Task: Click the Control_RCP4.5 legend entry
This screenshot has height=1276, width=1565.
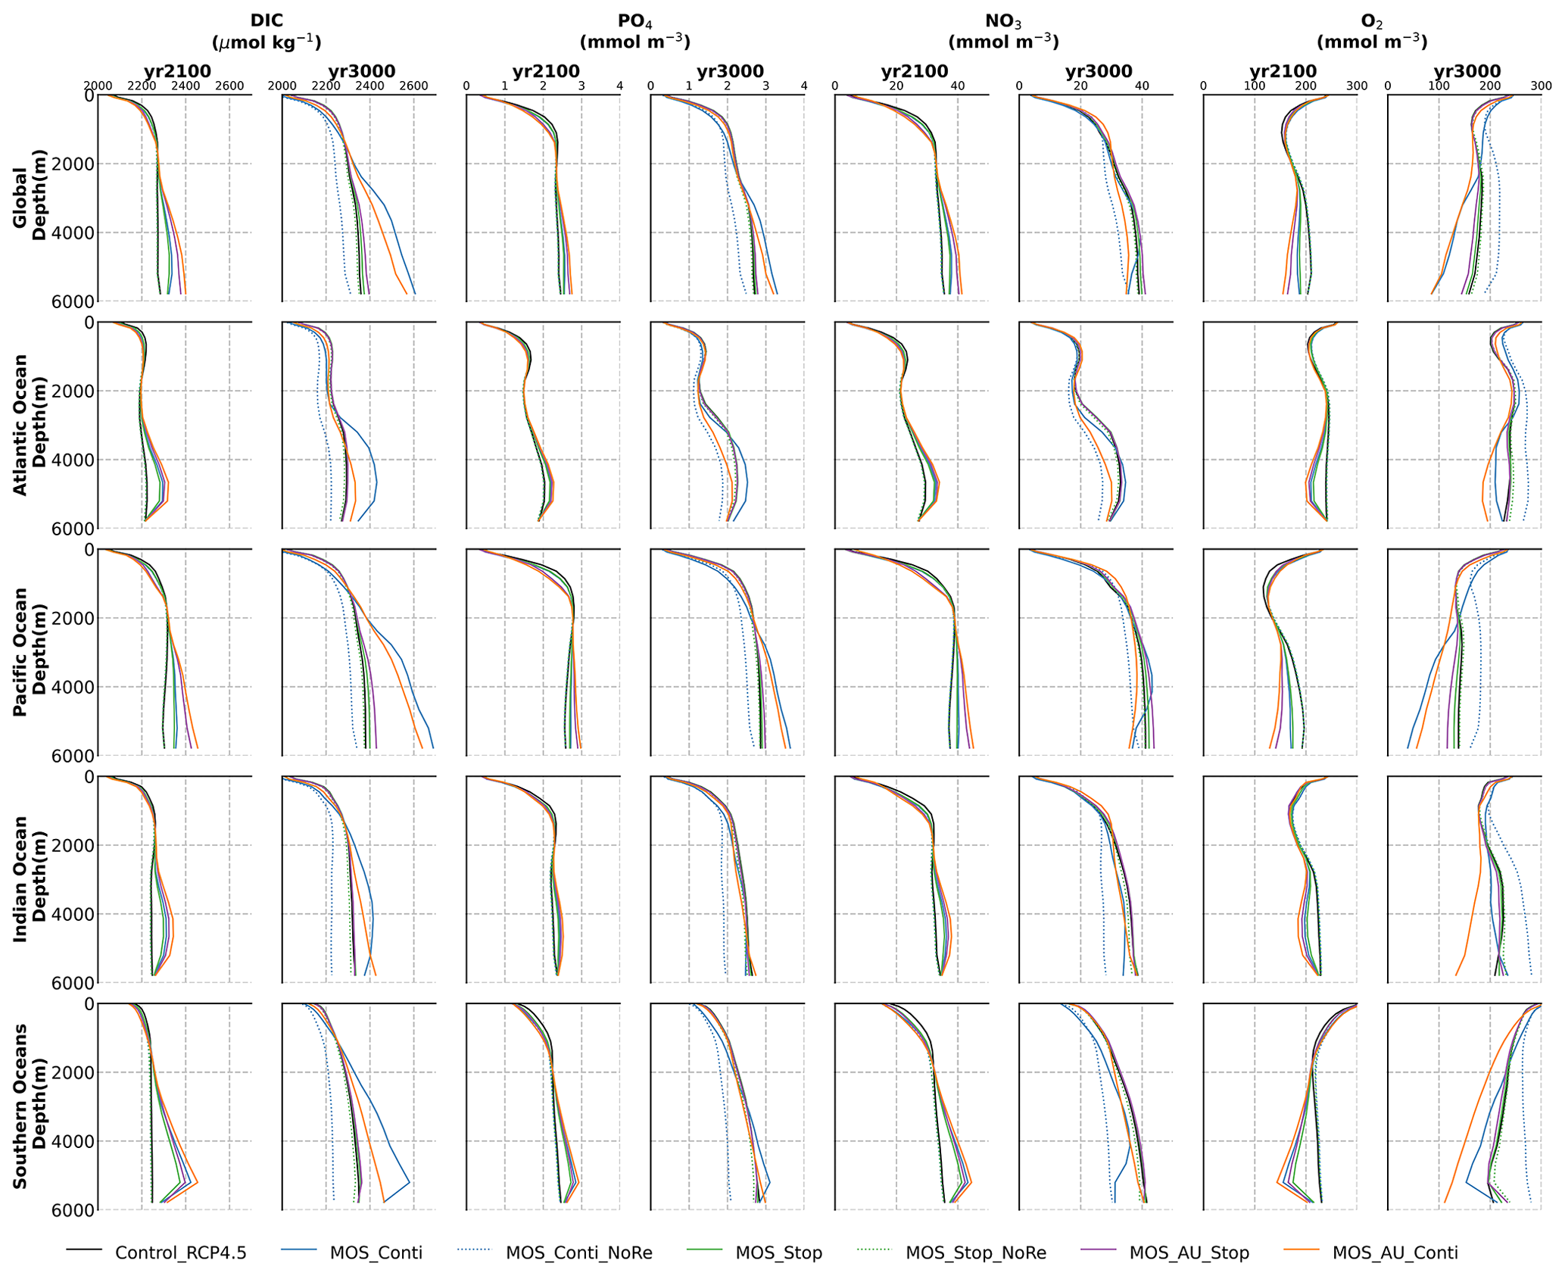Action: pos(180,1253)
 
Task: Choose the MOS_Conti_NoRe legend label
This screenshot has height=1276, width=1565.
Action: pos(578,1253)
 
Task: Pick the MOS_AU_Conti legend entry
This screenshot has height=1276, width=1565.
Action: pos(1395,1253)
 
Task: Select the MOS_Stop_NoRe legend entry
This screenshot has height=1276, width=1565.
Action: pos(975,1253)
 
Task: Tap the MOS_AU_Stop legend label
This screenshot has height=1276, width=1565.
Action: pos(1189,1253)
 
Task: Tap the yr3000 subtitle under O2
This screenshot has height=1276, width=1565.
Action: pos(1467,72)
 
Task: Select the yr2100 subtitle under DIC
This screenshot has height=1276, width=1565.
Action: pos(177,72)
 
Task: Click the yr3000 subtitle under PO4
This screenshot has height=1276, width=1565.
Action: pos(730,72)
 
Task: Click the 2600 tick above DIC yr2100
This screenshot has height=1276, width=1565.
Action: pos(229,86)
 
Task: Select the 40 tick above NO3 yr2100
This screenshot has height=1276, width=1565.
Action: pos(958,86)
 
